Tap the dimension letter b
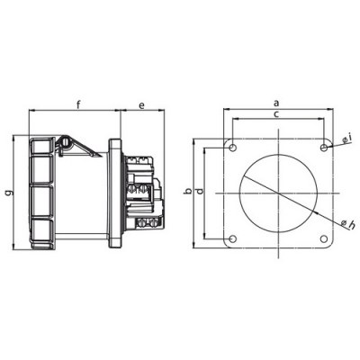pyautogui.click(x=185, y=192)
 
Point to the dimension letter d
pyautogui.click(x=200, y=192)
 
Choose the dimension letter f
pyautogui.click(x=78, y=105)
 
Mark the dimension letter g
pyautogui.click(x=8, y=192)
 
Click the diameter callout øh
pyautogui.click(x=348, y=222)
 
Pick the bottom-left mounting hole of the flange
pyautogui.click(x=232, y=238)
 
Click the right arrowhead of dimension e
pyautogui.click(x=164, y=112)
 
